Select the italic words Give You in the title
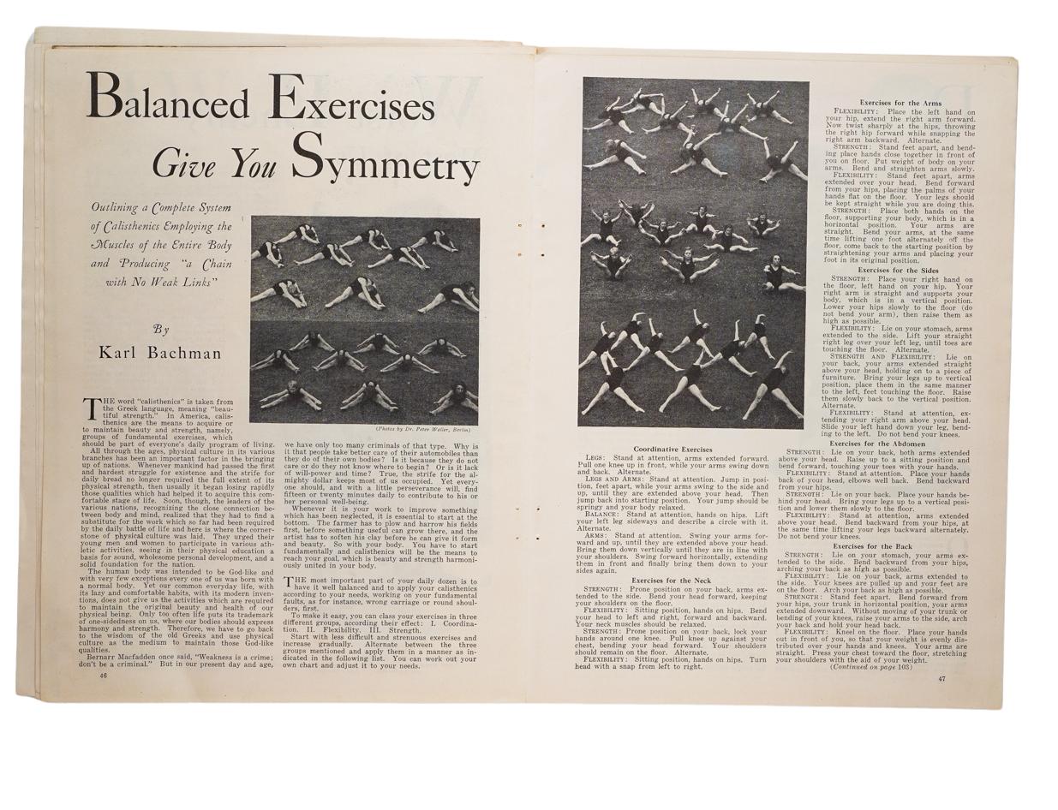[215, 160]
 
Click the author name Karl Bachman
[159, 353]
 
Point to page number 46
[103, 675]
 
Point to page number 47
[941, 679]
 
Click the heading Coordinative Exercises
[672, 450]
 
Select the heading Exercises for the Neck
[672, 581]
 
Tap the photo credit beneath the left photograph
[422, 429]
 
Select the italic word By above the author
[160, 329]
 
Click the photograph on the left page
[365, 320]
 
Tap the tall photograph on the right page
[694, 253]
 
